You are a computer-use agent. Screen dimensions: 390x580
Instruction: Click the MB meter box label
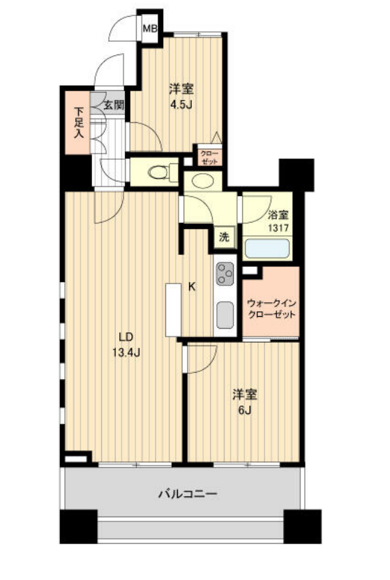[x=150, y=28]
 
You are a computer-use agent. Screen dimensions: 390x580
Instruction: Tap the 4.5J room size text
[x=181, y=105]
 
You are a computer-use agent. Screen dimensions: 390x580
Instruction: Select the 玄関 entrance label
[x=114, y=105]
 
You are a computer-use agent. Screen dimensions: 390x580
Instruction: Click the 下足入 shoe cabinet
[x=78, y=123]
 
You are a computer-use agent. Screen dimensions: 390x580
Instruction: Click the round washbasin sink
[x=202, y=181]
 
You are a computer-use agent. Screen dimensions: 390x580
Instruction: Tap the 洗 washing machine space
[x=225, y=237]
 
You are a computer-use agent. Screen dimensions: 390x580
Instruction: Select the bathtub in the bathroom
[x=267, y=248]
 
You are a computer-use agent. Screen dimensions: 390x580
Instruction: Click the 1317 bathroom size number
[x=278, y=228]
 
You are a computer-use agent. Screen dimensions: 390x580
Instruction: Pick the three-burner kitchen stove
[x=225, y=274]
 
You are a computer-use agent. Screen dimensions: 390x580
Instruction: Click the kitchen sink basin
[x=225, y=315]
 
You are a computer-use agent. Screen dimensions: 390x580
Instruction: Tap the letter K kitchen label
[x=192, y=287]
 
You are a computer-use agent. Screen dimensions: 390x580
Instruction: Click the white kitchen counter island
[x=173, y=310]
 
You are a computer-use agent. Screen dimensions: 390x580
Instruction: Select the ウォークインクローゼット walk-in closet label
[x=271, y=309]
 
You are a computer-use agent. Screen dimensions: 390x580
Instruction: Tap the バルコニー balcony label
[x=188, y=493]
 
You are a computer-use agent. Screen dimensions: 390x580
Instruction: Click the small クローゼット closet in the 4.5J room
[x=209, y=158]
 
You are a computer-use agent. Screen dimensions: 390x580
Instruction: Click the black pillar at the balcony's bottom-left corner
[x=78, y=526]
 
